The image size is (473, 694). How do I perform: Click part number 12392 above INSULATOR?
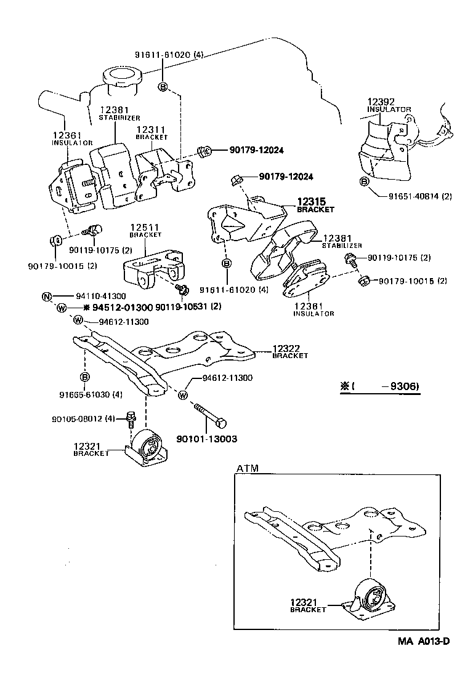coord(381,102)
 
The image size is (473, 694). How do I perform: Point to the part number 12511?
coord(145,228)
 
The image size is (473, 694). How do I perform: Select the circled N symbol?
coord(47,297)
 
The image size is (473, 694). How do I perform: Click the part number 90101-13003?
coord(206,439)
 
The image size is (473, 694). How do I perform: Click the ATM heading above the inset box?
coord(247,468)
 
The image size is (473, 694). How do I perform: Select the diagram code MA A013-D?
coord(424,642)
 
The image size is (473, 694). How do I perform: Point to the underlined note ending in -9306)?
coord(379,387)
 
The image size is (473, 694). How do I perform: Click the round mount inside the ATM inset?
coord(371,595)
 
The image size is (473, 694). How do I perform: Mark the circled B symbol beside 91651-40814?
coord(364,181)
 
